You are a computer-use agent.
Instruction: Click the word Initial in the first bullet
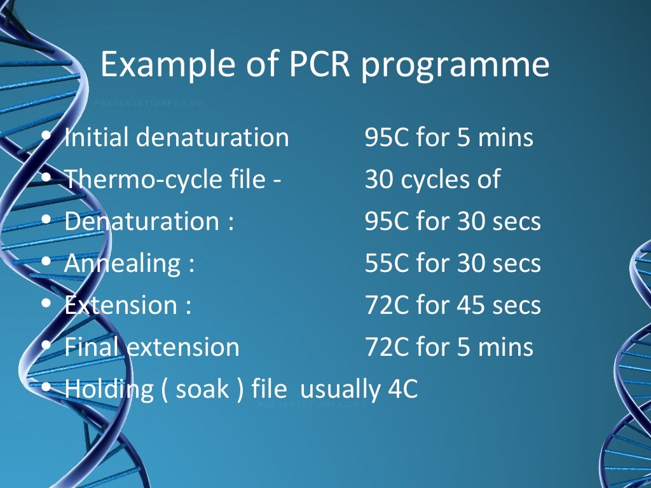point(96,137)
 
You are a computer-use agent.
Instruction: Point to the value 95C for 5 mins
point(449,137)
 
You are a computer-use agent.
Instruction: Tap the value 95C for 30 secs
point(453,222)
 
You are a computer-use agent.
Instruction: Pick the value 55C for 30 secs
point(453,264)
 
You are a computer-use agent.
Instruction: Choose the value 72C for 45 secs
point(453,306)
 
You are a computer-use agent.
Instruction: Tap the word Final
point(92,348)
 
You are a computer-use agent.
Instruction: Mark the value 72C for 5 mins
point(449,348)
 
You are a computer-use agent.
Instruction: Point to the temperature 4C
point(402,390)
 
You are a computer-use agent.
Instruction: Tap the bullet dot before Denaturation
point(46,221)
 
